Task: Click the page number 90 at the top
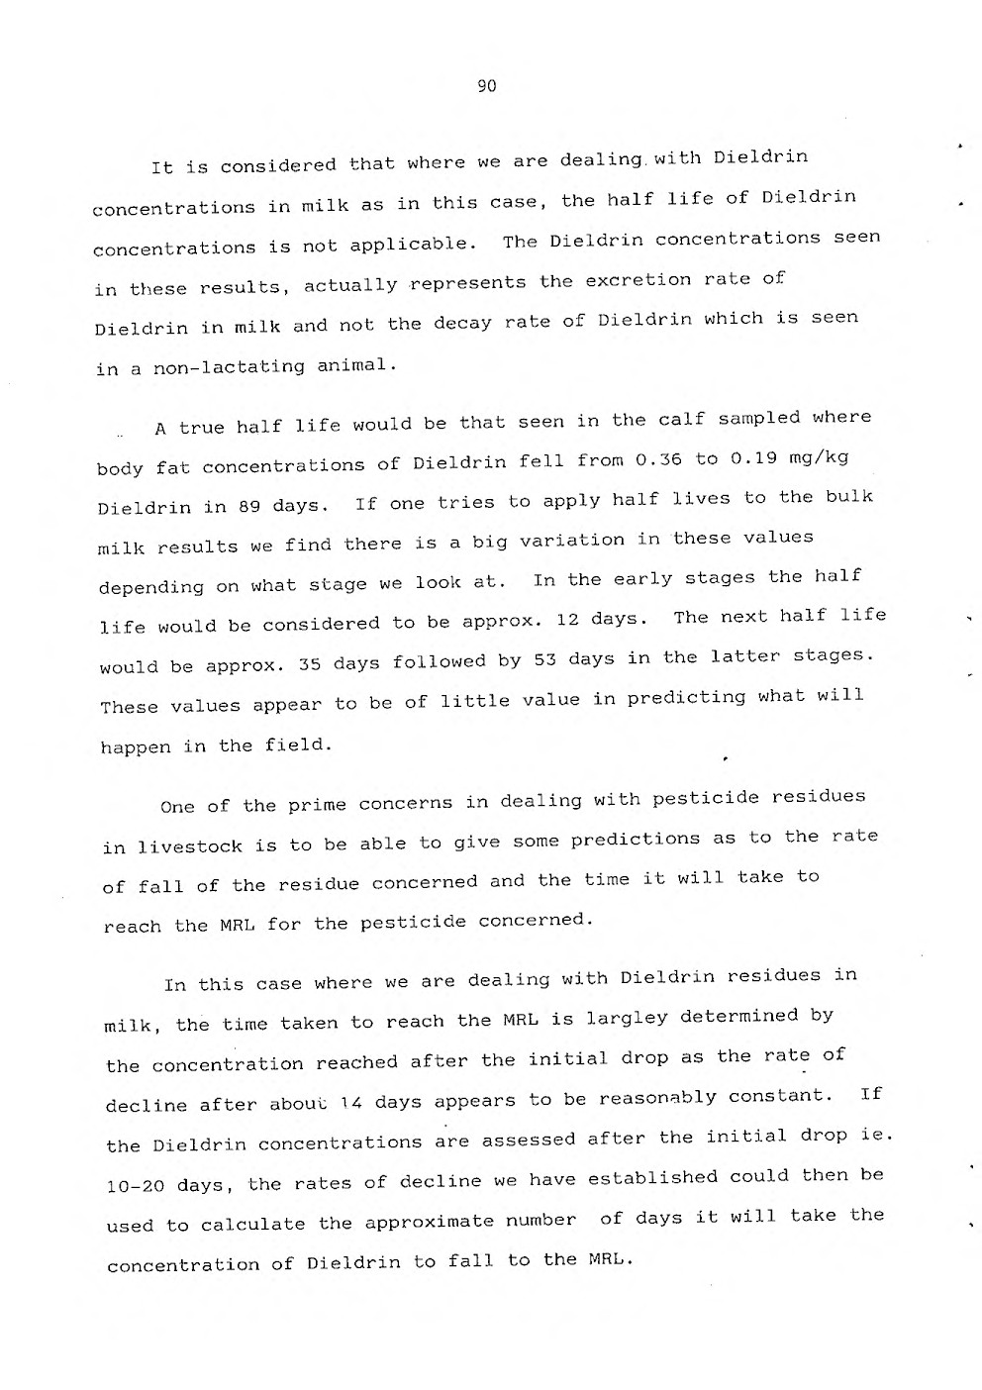[486, 86]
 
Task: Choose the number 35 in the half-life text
[310, 664]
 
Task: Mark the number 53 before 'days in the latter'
[544, 659]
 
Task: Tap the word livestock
[189, 846]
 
